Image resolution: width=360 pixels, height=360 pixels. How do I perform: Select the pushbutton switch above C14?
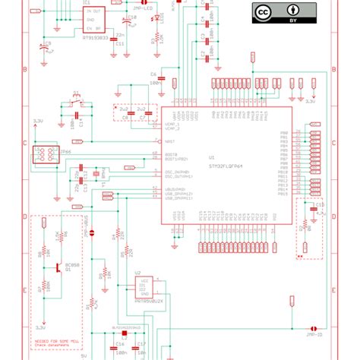point(74,100)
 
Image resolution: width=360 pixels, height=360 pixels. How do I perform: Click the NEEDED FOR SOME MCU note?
point(55,344)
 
